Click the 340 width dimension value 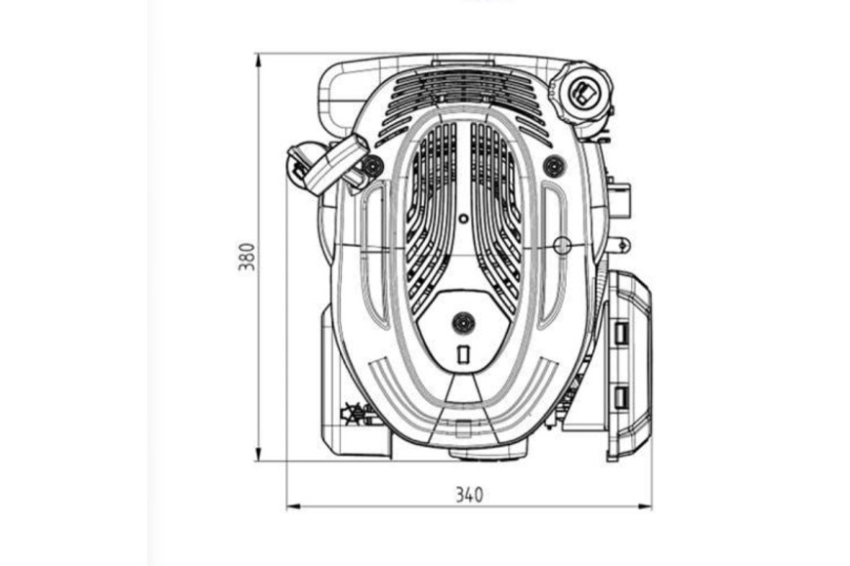[x=468, y=495]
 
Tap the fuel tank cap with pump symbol [x=585, y=93]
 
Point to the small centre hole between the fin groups [x=463, y=219]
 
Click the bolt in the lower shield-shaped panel [x=463, y=323]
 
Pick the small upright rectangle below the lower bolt [x=463, y=354]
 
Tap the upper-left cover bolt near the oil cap [x=371, y=165]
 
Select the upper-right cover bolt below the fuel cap [x=553, y=165]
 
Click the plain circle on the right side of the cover [x=562, y=245]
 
